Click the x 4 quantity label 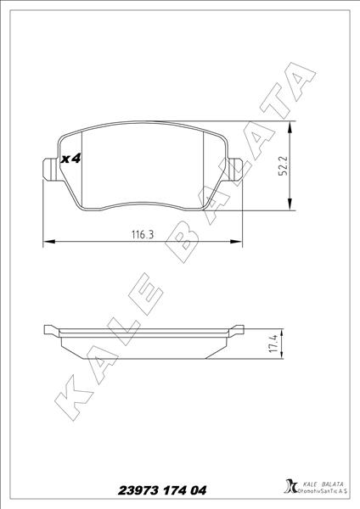point(70,159)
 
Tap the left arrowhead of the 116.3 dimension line point(48,243)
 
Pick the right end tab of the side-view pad point(235,329)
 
